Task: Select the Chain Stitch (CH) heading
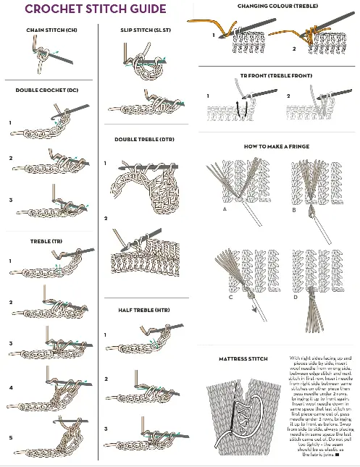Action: [51, 30]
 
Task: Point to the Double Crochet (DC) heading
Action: [47, 90]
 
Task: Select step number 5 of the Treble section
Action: [11, 437]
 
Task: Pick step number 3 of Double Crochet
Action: [11, 200]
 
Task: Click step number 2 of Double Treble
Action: [106, 218]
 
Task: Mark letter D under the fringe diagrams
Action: [295, 297]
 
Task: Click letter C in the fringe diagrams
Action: [230, 297]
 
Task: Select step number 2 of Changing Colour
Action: [294, 49]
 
